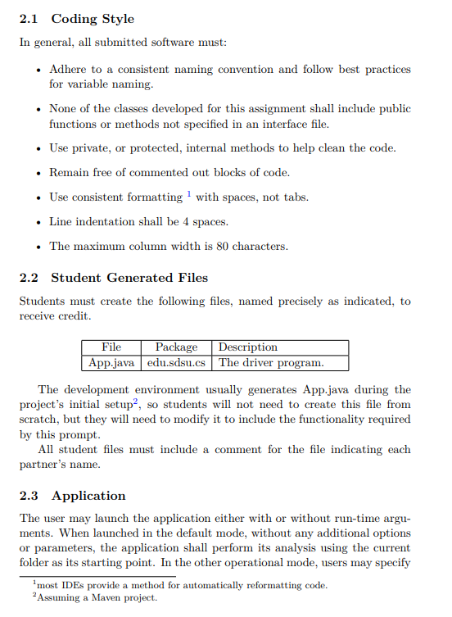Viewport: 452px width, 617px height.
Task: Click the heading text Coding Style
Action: coord(93,19)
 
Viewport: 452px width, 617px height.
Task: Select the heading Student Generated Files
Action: coord(129,278)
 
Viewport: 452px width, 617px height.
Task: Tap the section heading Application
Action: coord(88,496)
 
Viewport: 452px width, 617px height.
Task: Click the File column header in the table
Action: coord(111,347)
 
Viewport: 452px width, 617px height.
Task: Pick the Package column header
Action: coord(176,347)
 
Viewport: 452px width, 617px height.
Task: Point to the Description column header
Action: coord(247,347)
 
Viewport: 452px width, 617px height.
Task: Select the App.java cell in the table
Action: coord(111,362)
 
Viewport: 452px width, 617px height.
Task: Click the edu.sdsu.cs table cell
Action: coord(177,362)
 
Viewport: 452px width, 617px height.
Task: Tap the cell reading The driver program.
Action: coord(271,362)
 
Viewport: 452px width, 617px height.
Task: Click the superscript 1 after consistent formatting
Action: coord(188,194)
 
